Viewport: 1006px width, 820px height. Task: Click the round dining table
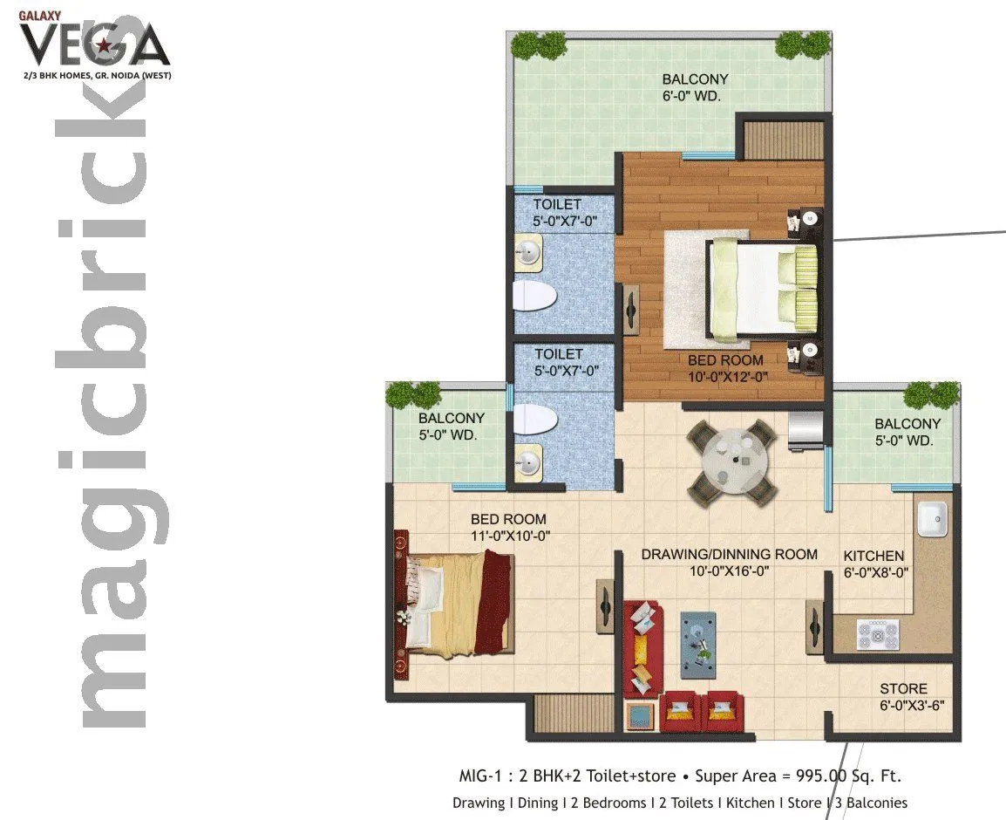(731, 461)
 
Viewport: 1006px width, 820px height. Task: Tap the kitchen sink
(931, 520)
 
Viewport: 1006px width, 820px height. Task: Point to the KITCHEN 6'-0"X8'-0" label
(875, 564)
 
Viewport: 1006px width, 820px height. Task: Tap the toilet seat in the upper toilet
(534, 296)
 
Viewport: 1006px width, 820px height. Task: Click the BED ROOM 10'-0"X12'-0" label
(725, 368)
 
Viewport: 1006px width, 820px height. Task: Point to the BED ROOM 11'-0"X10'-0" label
(509, 528)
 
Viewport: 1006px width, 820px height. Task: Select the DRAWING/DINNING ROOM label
(729, 563)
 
